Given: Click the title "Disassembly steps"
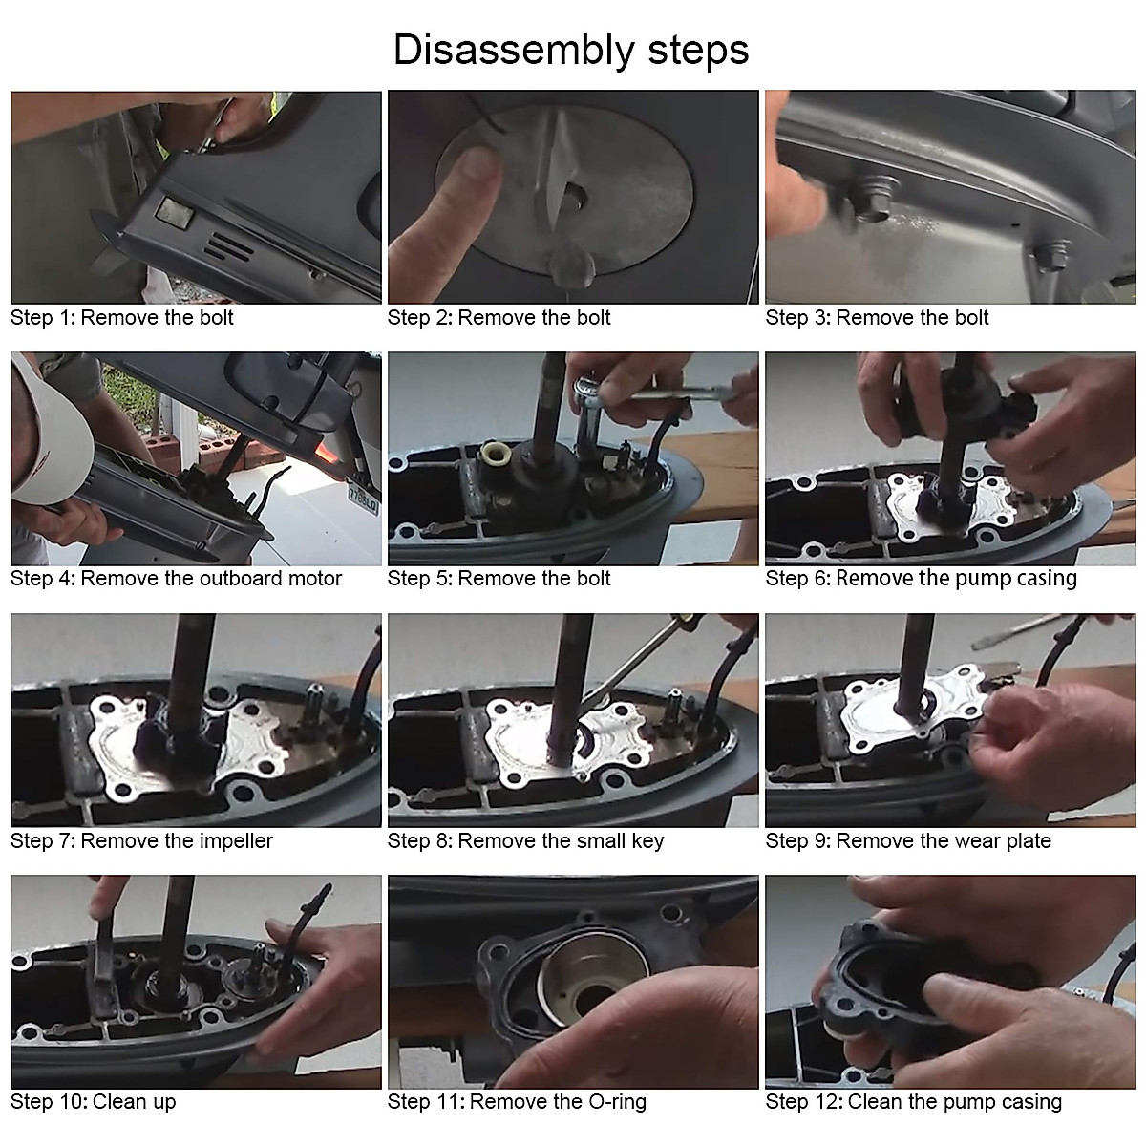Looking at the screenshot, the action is point(571,52).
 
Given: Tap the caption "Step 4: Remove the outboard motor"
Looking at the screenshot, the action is point(176,579).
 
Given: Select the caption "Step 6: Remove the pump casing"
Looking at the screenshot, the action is point(921,579).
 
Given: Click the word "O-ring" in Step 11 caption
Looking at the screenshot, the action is point(617,1102).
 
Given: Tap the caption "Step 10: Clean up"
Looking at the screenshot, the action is point(94,1102).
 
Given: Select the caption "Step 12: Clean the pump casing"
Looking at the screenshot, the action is point(914,1102).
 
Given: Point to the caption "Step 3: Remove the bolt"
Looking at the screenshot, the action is point(877,318).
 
